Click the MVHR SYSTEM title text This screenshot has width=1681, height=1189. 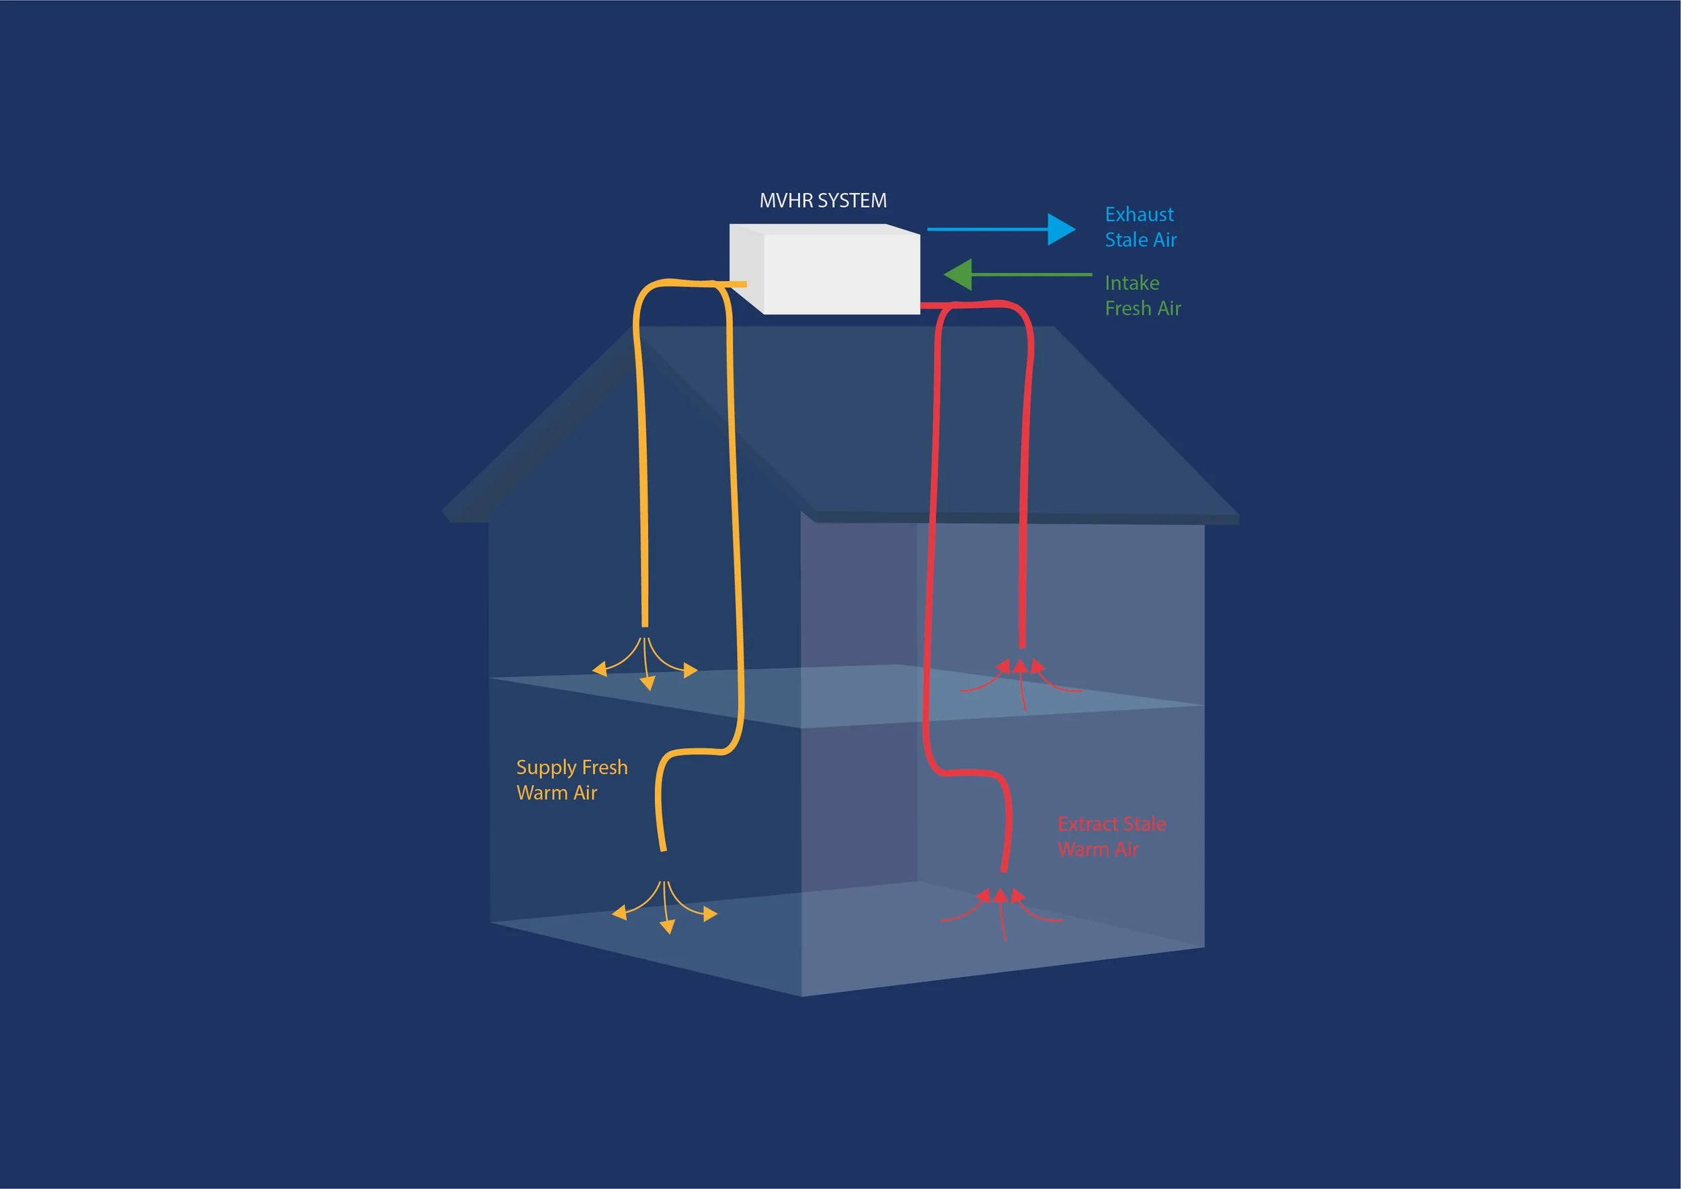822,200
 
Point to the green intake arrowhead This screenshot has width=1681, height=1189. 957,274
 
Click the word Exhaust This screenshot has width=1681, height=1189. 1138,215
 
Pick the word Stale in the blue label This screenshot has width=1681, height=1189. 1126,240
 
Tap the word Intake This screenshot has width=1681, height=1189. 1131,283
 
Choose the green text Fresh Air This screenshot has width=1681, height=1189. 1142,308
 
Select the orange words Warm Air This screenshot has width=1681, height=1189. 557,793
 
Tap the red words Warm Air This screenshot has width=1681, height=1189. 1097,849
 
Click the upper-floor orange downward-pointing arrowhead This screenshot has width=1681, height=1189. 648,683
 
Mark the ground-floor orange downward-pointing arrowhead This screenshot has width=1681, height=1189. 667,927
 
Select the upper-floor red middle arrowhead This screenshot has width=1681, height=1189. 1020,666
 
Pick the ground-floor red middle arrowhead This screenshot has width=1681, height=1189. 1000,894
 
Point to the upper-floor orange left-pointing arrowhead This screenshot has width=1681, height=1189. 599,668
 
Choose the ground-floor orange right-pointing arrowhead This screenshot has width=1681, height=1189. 710,914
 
